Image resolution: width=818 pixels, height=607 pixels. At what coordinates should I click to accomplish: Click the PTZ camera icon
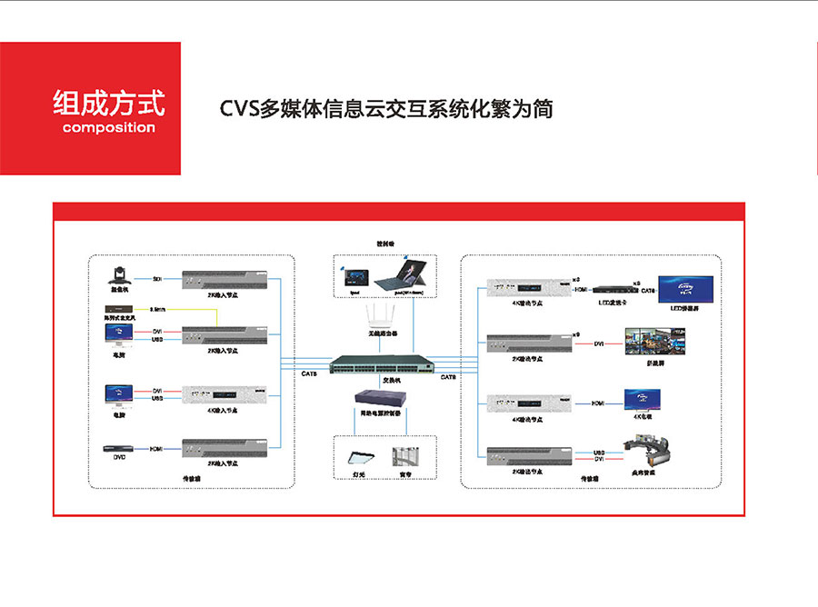pos(120,274)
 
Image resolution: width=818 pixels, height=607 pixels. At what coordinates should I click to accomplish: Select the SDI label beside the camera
pos(157,279)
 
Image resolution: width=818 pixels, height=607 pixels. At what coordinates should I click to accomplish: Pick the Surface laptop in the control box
pos(409,275)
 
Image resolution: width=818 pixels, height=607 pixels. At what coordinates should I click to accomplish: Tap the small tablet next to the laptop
pos(355,278)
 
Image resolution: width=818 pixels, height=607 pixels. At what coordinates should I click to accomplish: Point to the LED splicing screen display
pos(688,288)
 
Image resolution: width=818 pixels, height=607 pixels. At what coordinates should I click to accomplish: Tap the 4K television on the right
pos(643,400)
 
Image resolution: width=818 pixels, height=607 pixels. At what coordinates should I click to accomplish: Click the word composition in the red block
pos(109,127)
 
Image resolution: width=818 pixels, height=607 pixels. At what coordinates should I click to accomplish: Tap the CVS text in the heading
pos(240,108)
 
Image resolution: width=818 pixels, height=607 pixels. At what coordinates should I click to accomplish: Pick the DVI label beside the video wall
pos(599,343)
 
